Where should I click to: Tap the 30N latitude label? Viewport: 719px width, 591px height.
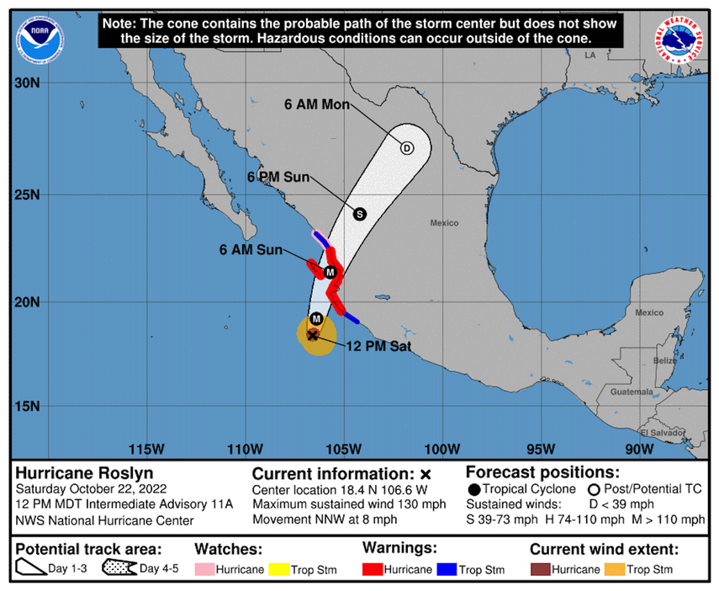pyautogui.click(x=29, y=83)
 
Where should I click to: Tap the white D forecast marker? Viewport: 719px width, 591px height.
pyautogui.click(x=407, y=148)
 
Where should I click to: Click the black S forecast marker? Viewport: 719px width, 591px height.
pyautogui.click(x=359, y=214)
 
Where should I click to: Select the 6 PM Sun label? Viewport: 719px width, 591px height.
pyautogui.click(x=278, y=177)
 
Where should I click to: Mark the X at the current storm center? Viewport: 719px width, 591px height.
pyautogui.click(x=313, y=335)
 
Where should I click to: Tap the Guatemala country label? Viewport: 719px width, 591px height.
pyautogui.click(x=631, y=392)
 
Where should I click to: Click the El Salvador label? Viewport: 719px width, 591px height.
pyautogui.click(x=660, y=433)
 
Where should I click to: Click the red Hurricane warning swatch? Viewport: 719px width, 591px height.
pyautogui.click(x=372, y=570)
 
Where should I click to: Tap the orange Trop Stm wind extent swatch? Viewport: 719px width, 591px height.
pyautogui.click(x=614, y=570)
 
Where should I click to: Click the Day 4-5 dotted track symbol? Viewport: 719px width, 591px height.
pyautogui.click(x=119, y=568)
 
